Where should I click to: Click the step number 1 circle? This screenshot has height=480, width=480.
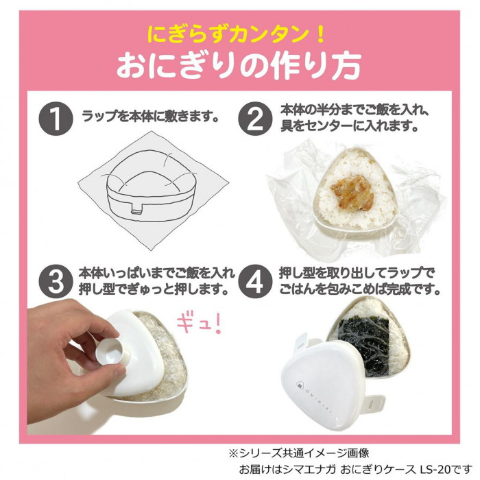[x=56, y=119]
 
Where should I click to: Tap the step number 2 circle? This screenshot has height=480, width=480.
[x=255, y=119]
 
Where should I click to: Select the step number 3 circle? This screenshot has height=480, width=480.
[x=56, y=282]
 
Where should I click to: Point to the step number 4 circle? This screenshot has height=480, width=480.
[x=255, y=282]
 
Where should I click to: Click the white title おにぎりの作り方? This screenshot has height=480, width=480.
[x=239, y=65]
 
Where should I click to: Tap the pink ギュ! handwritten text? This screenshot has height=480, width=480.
[x=199, y=325]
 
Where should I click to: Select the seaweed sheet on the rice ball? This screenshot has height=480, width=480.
[x=364, y=342]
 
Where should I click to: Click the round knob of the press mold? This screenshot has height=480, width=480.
[x=110, y=353]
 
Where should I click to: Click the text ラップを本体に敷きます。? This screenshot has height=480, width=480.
[x=150, y=117]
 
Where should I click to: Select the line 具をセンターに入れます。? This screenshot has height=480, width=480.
[x=349, y=125]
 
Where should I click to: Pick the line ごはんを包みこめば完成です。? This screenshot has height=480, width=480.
[x=359, y=289]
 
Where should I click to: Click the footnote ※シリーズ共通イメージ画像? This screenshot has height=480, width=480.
[x=299, y=453]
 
